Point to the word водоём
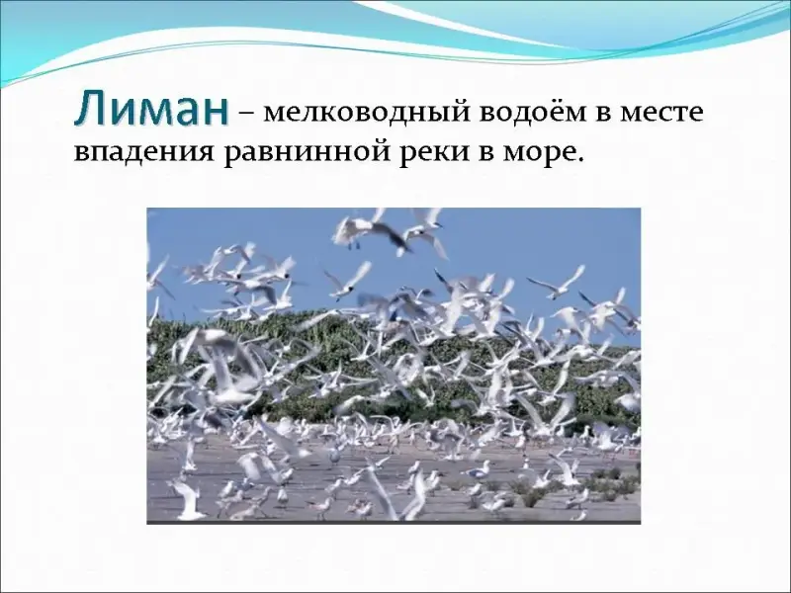pos(534,112)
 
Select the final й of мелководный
pos(462,111)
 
